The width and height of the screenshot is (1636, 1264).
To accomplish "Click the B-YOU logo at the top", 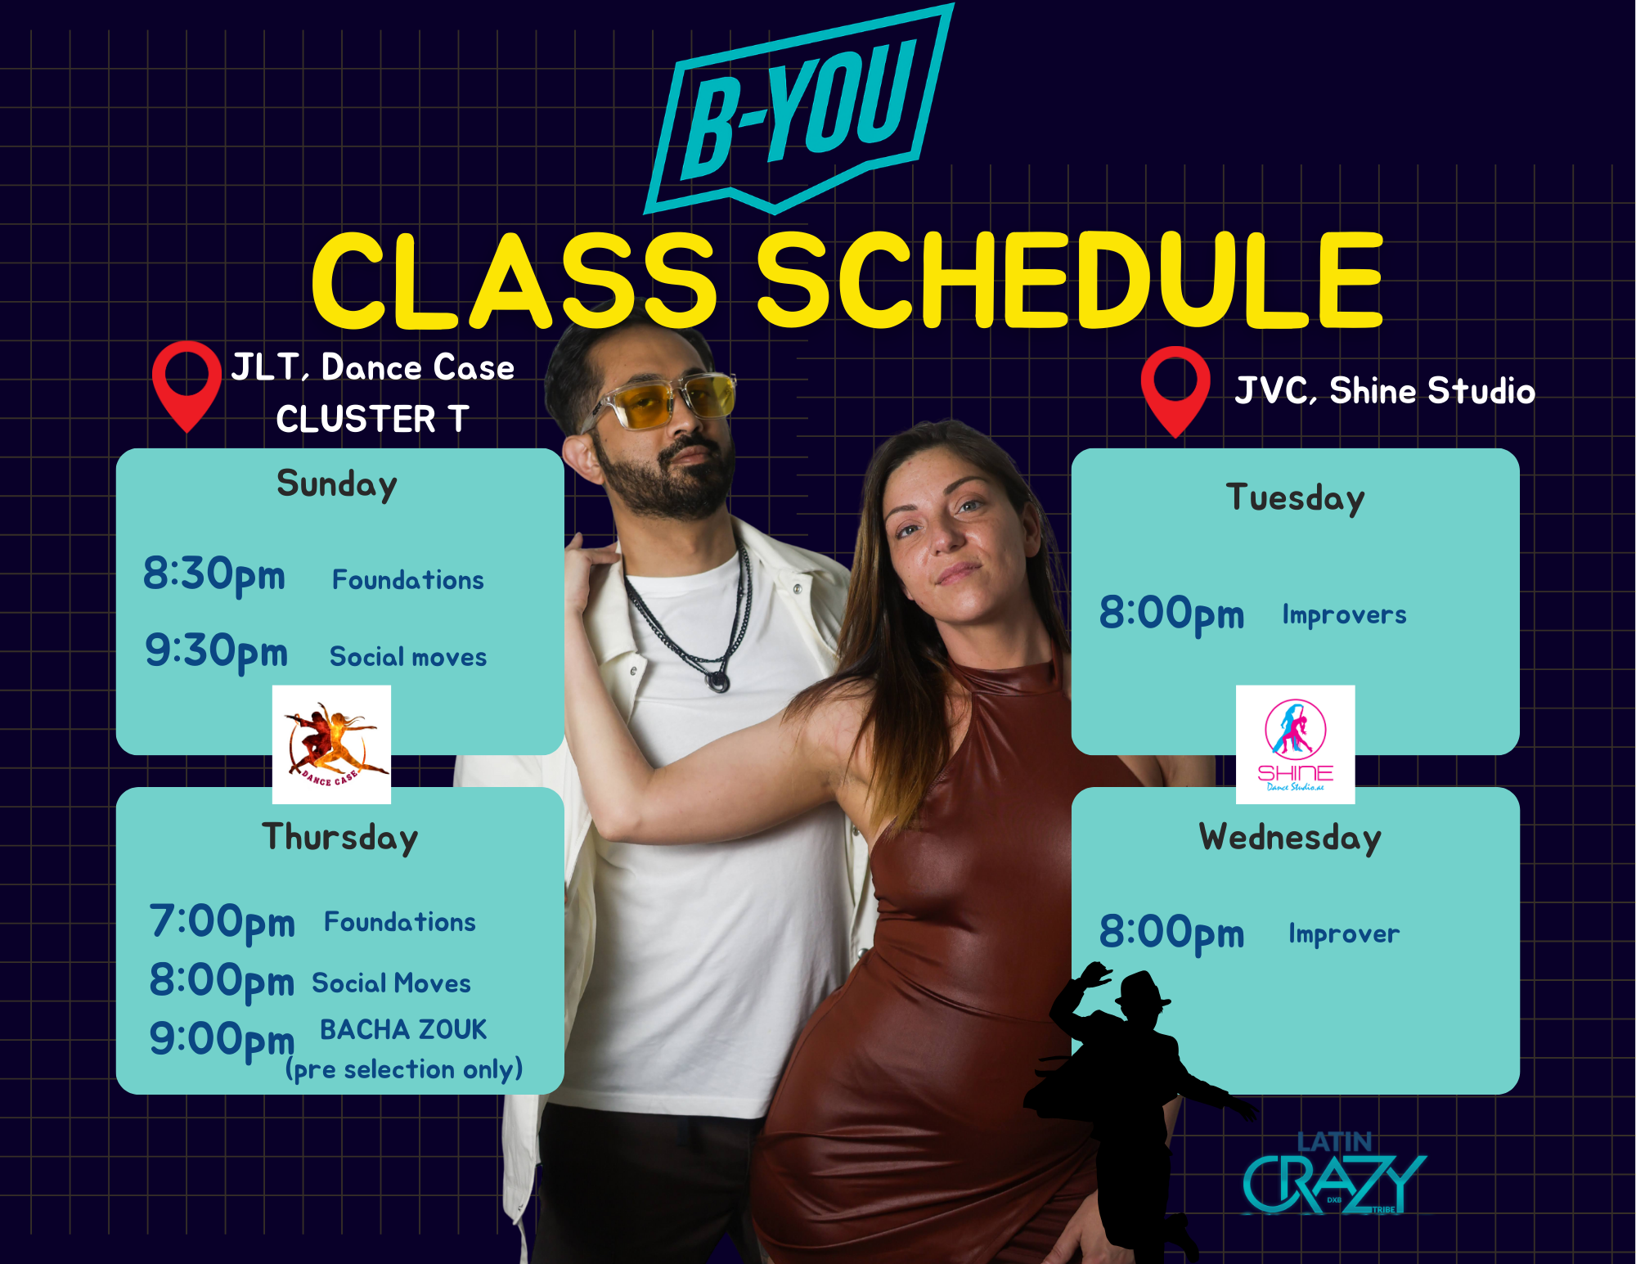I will [798, 110].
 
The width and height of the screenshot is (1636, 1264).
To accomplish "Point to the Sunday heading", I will [337, 484].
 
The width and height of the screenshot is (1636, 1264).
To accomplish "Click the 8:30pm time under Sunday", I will [214, 574].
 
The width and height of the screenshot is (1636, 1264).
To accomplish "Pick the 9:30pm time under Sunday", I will [216, 651].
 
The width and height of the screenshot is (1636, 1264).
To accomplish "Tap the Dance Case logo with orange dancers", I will [331, 744].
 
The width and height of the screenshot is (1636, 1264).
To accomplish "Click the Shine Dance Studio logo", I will [1295, 744].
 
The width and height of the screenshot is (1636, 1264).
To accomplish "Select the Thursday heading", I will [339, 838].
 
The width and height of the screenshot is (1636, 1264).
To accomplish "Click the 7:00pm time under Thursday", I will [222, 922].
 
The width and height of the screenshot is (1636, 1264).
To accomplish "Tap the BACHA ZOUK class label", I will [403, 1029].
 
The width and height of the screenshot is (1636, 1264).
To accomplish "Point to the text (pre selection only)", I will [404, 1069].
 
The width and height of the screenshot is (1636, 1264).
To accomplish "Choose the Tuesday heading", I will [1295, 498].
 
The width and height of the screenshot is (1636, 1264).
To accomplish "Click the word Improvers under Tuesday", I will [1344, 614].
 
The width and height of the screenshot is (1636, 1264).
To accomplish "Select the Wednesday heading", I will [1290, 838].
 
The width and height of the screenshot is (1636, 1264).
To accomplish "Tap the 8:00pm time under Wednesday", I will [1171, 933].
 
